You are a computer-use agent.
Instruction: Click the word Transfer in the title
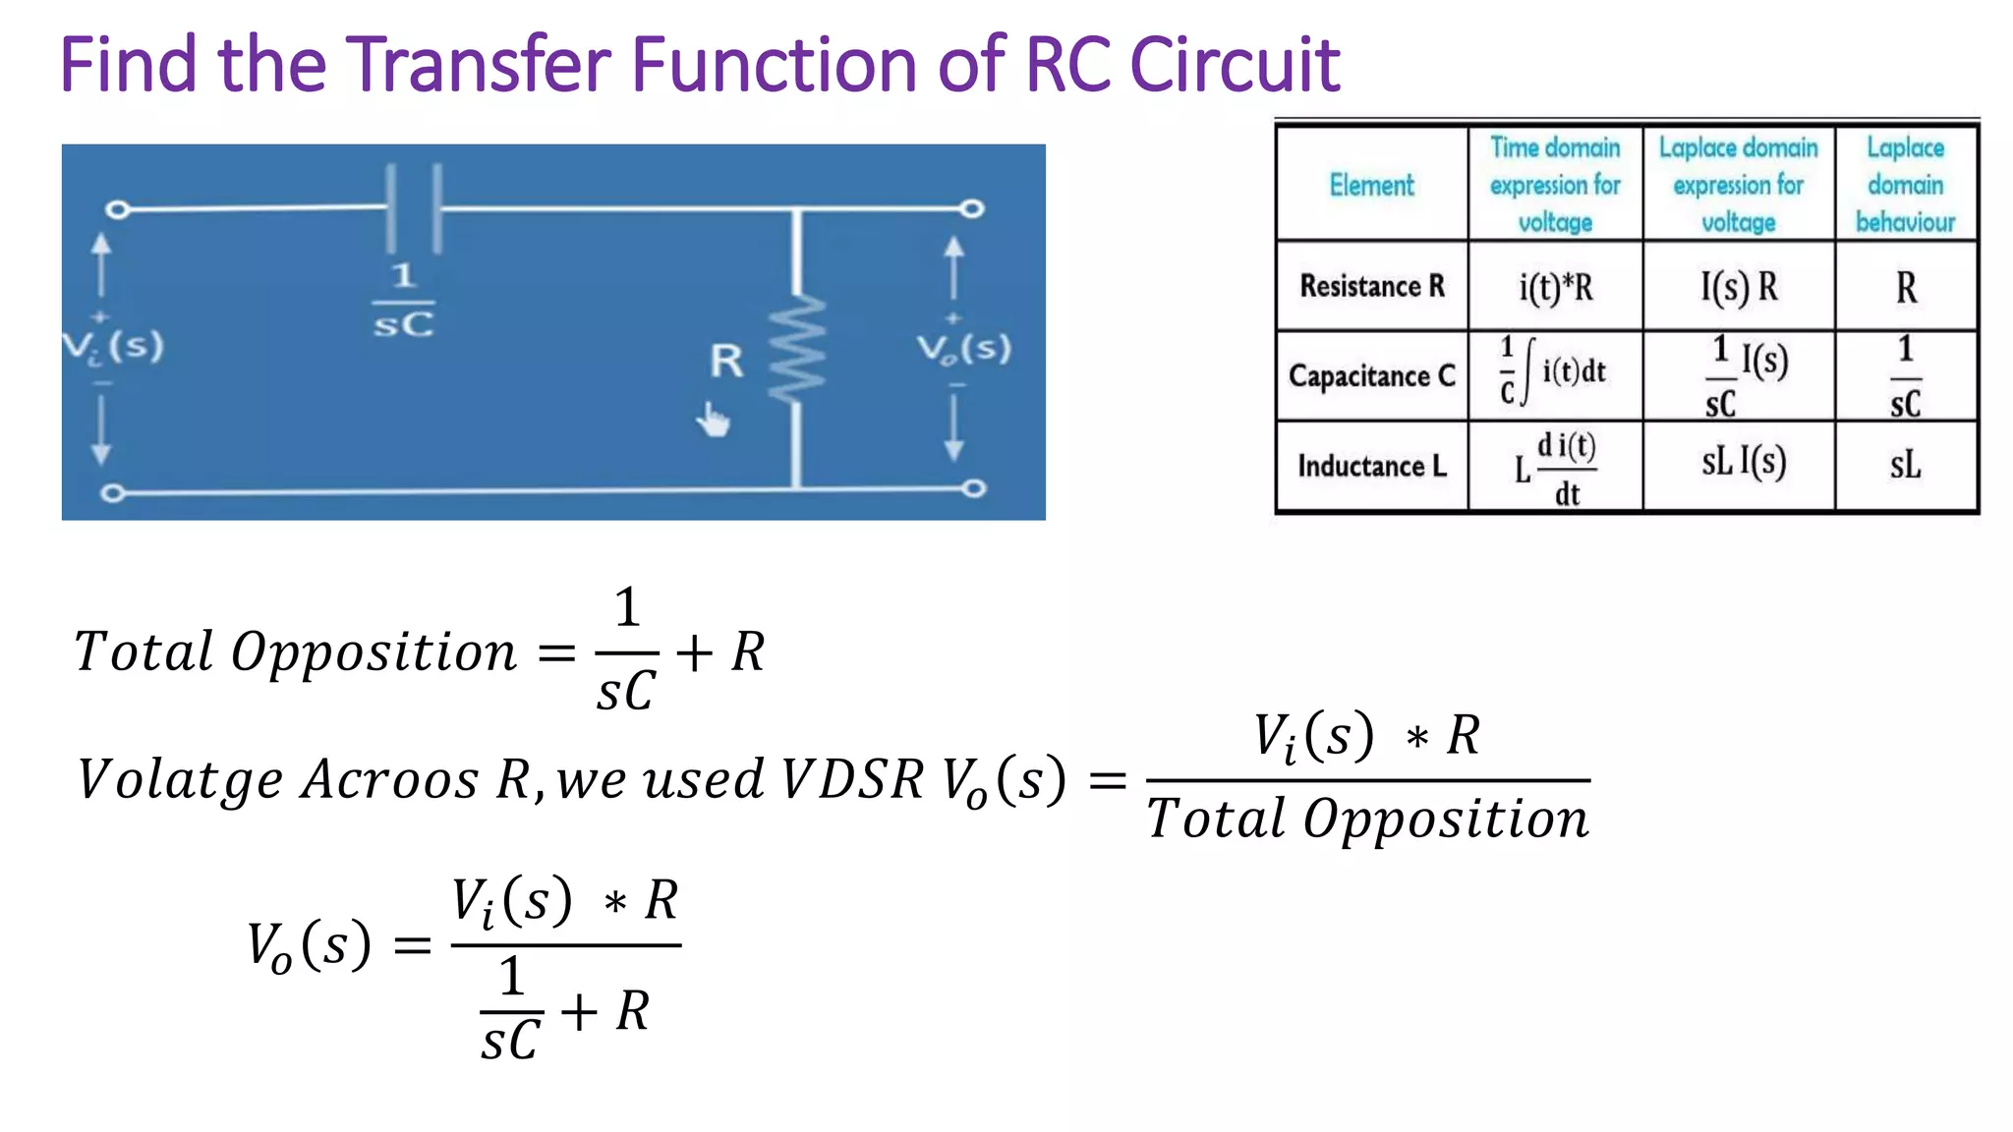click(x=480, y=65)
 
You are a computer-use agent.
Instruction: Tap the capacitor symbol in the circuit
click(x=414, y=208)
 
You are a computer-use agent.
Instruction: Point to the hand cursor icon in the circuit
click(x=714, y=421)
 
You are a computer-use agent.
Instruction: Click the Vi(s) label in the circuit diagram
click(x=113, y=346)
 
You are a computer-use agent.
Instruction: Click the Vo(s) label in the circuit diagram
click(x=963, y=349)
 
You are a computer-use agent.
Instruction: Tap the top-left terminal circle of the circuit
click(x=117, y=209)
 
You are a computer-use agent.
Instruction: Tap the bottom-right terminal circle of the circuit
click(x=973, y=488)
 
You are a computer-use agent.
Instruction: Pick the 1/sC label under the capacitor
click(x=403, y=301)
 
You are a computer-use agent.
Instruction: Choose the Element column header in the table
click(x=1371, y=185)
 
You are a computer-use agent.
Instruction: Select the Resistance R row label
click(x=1372, y=286)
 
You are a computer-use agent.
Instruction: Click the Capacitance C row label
click(x=1372, y=375)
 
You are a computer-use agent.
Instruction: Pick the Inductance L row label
click(x=1372, y=466)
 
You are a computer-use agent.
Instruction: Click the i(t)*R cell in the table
click(x=1555, y=287)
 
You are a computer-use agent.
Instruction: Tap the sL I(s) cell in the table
click(x=1743, y=462)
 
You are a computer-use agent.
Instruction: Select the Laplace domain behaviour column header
click(x=1905, y=185)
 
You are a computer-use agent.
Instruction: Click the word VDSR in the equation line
click(x=853, y=780)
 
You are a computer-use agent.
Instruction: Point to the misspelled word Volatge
click(x=181, y=780)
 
